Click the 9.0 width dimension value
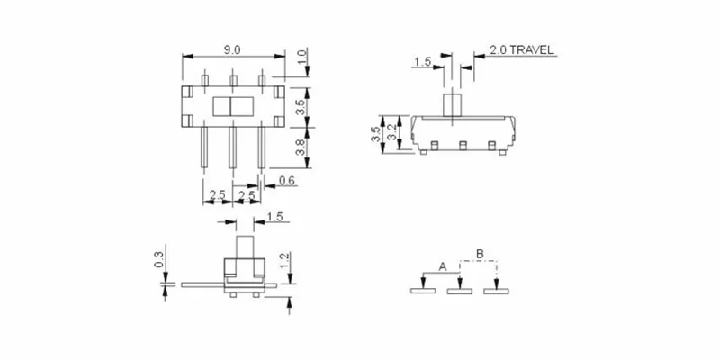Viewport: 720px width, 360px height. point(232,49)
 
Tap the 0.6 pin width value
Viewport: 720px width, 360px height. point(287,182)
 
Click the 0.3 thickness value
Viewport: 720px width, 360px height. point(158,259)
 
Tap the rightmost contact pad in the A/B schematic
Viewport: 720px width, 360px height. point(495,291)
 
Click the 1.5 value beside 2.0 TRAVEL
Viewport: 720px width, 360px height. point(423,62)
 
